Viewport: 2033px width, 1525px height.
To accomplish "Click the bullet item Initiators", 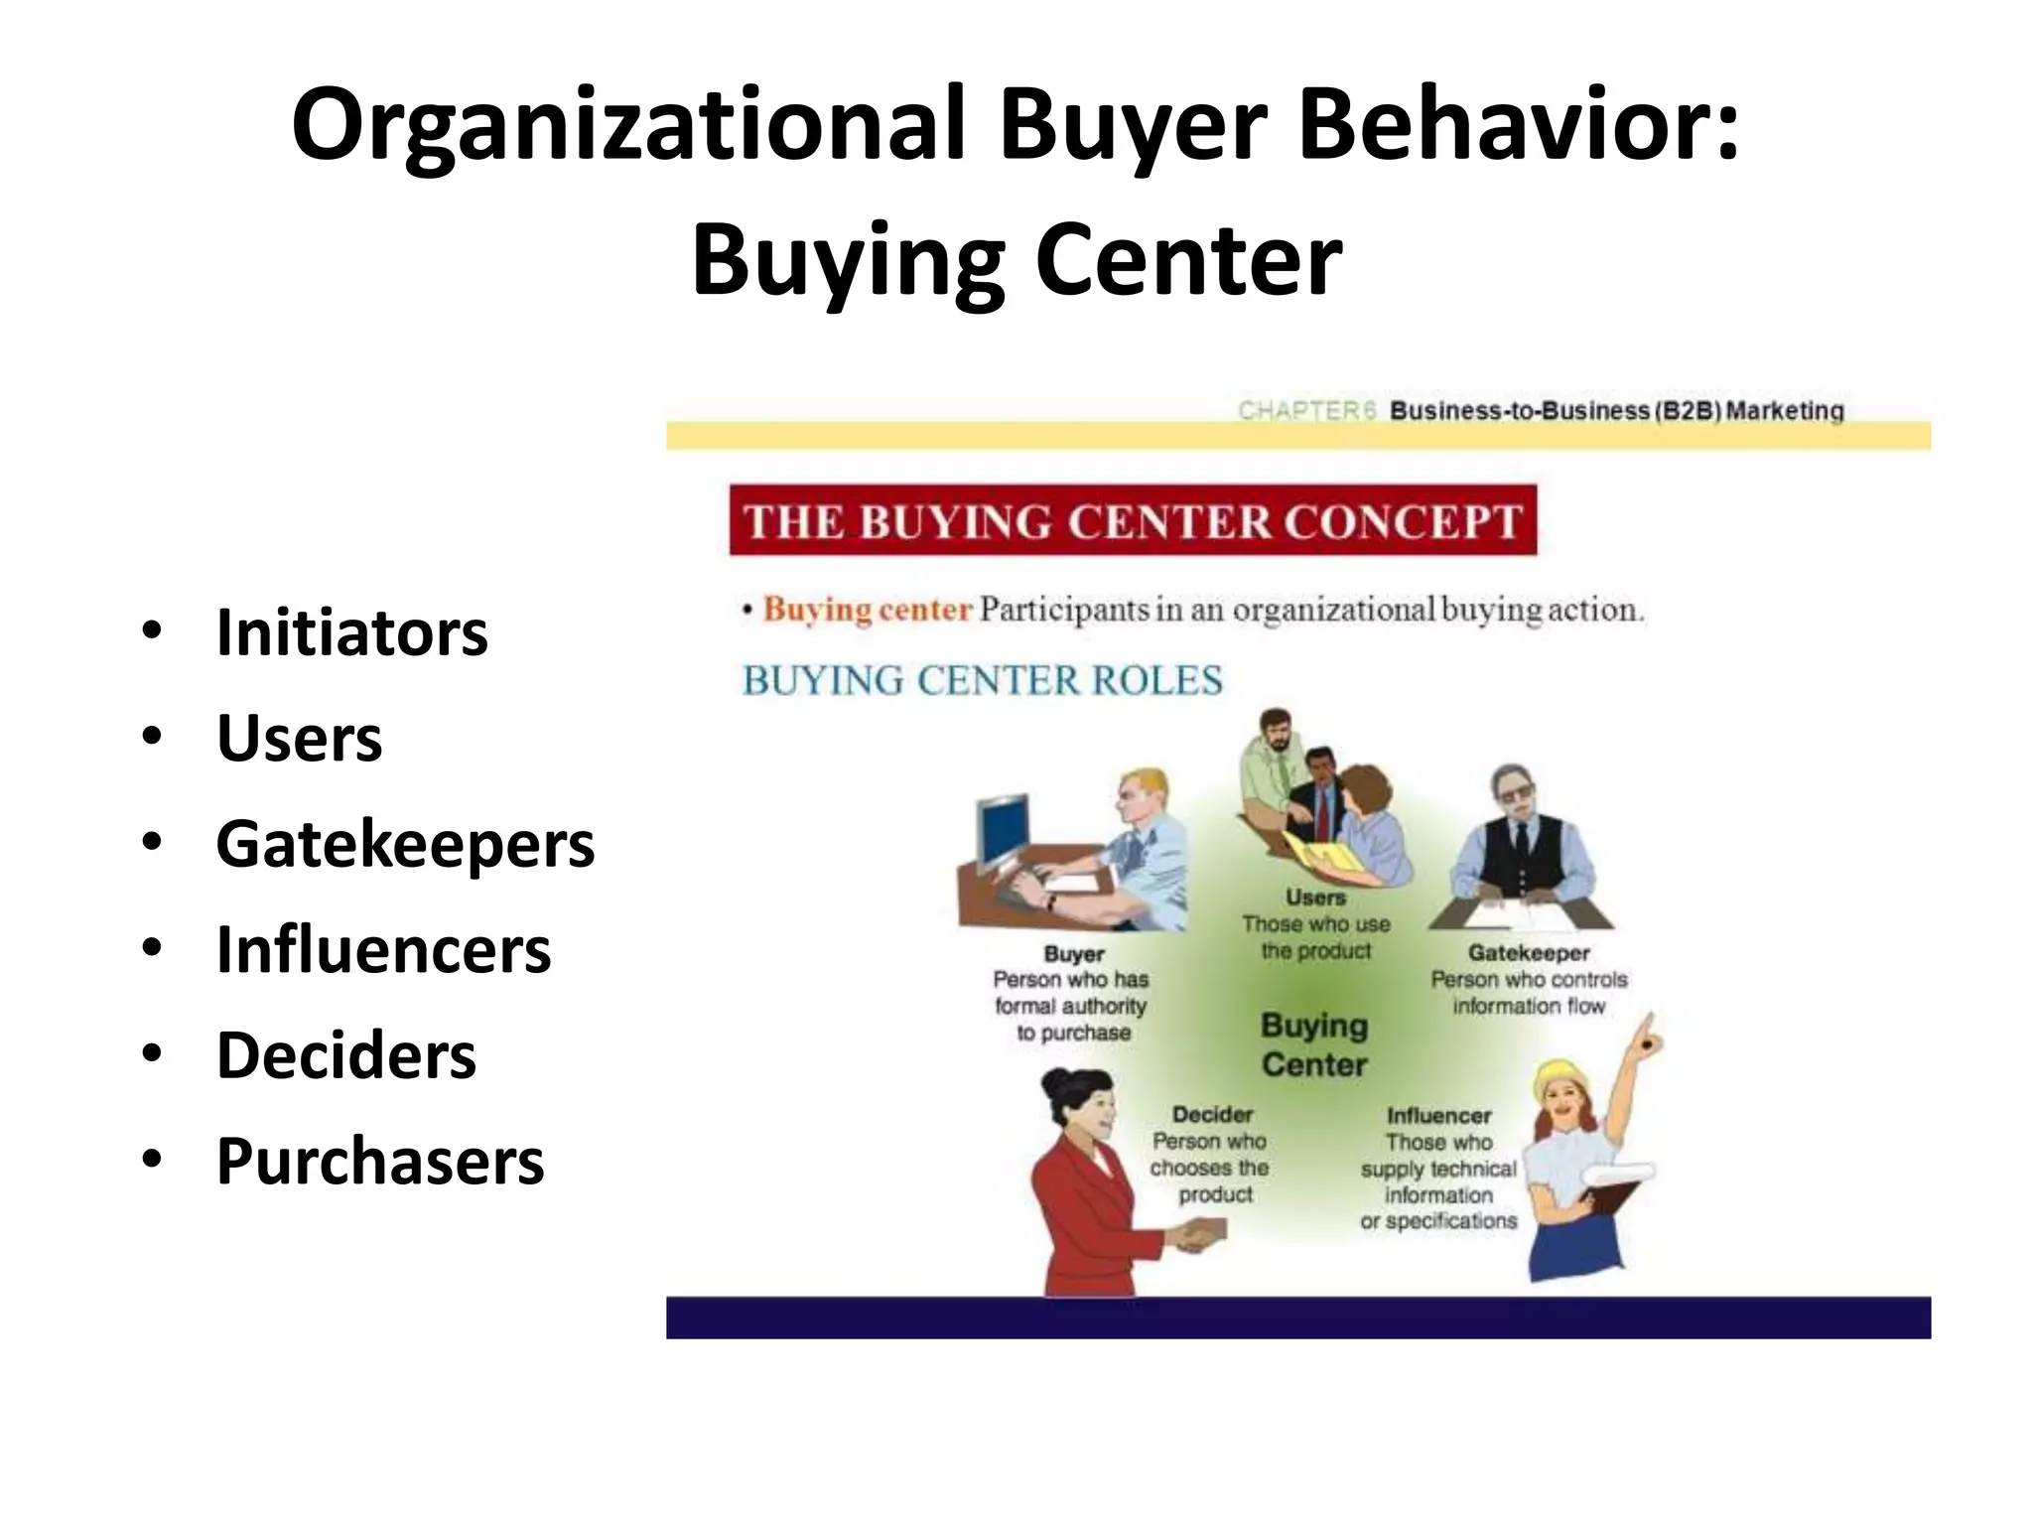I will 351,632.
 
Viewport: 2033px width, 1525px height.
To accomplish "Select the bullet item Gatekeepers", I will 405,844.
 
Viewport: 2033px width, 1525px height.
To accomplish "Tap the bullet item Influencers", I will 383,950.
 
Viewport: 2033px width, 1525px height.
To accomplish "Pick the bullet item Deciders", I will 346,1055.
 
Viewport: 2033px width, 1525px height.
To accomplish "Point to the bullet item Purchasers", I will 380,1161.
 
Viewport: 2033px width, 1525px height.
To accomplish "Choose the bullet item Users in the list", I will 299,739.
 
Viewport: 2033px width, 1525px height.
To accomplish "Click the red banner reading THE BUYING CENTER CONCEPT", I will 1132,520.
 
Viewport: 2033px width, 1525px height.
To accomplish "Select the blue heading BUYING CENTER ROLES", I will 982,681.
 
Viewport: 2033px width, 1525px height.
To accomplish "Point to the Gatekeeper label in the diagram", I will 1529,953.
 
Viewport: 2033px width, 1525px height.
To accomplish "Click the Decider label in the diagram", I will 1212,1115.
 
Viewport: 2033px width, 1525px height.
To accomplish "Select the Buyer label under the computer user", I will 1074,954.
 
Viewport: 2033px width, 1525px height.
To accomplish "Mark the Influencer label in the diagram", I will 1438,1116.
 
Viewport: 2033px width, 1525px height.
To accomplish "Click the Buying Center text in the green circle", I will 1314,1044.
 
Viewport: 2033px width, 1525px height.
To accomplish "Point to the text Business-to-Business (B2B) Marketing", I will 1616,411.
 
